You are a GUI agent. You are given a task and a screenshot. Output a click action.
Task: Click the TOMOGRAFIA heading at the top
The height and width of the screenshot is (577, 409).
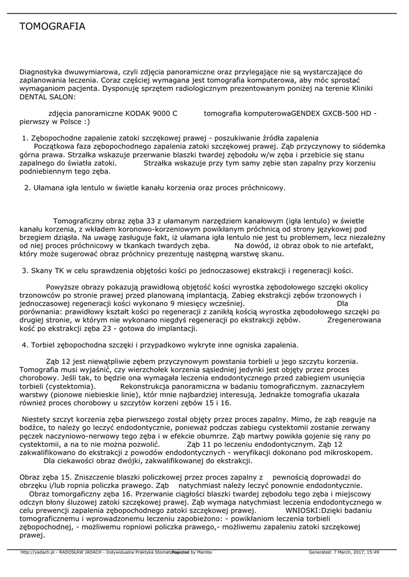[52, 26]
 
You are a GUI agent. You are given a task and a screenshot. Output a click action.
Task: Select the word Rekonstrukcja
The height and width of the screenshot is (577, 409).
[146, 387]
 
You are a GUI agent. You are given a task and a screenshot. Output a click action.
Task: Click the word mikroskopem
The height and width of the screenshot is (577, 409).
[348, 452]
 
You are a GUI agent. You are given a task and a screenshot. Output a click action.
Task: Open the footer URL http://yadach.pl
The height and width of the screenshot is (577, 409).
[37, 552]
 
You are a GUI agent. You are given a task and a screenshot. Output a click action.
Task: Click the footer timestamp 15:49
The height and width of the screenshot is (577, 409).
[371, 552]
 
